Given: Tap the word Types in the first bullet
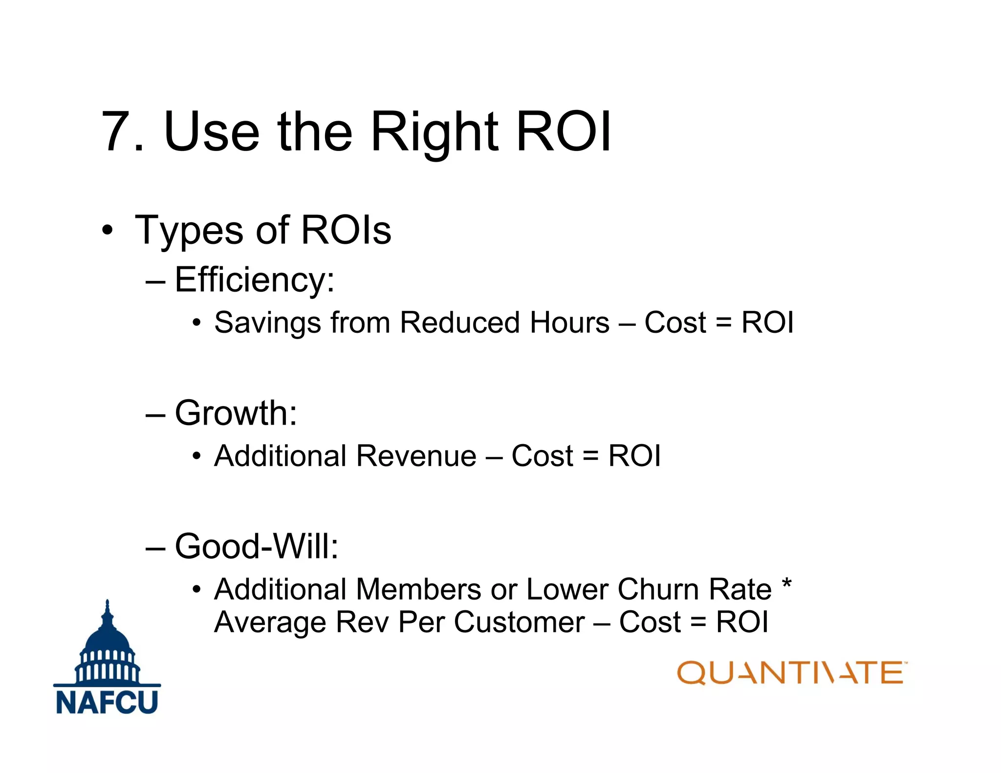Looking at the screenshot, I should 189,231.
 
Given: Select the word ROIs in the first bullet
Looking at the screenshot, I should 346,230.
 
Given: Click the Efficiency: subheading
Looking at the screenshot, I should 254,280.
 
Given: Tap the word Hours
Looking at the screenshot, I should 570,322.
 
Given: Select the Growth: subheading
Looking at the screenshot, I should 236,413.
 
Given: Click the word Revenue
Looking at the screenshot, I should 416,456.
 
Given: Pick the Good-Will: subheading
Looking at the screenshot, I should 256,546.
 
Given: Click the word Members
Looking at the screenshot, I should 418,589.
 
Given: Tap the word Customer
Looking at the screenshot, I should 519,623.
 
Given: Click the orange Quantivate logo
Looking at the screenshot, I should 791,673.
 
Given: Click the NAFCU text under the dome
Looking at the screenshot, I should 107,702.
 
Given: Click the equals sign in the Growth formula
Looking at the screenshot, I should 590,457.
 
